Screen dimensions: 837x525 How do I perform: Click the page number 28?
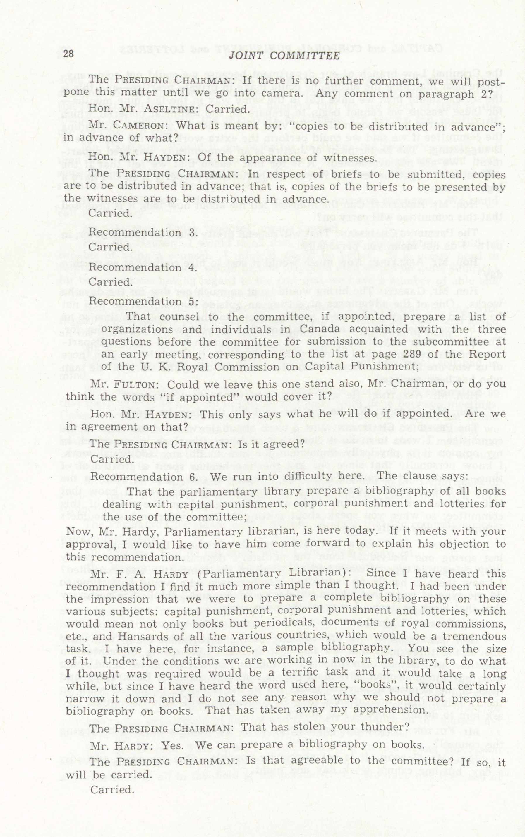coord(68,54)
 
